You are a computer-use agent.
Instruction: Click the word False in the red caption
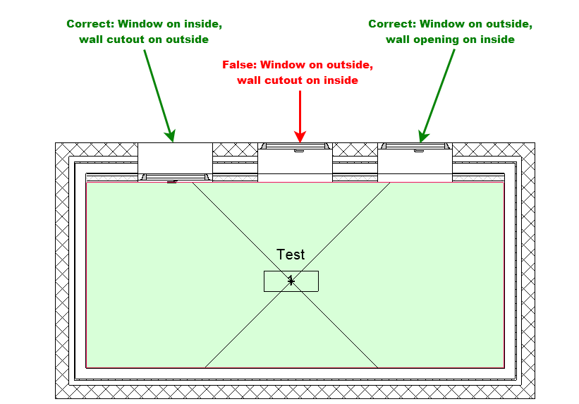coord(239,65)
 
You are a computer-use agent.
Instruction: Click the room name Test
coord(291,255)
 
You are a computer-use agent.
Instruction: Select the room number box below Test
coord(291,281)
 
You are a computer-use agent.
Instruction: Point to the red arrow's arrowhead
coord(300,136)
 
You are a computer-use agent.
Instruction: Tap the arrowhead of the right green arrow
coord(423,136)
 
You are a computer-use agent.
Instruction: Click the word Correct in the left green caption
coord(90,24)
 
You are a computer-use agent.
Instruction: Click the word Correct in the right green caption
coord(393,24)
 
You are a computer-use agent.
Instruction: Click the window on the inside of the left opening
coord(176,177)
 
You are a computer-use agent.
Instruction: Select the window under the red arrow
coord(295,146)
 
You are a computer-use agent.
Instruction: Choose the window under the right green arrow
coord(415,146)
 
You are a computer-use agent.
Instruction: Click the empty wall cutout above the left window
coord(176,158)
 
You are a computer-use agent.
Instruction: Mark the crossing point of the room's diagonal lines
coord(291,281)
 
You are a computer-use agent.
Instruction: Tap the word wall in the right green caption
coord(398,39)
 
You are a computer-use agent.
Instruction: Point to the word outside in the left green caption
coord(187,39)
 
